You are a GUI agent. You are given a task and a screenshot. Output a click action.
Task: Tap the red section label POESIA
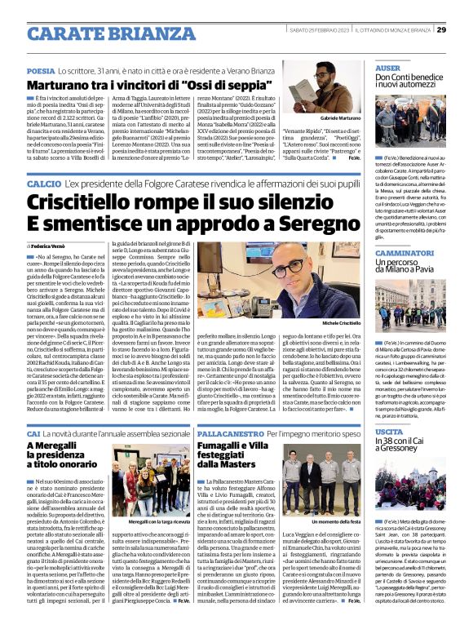(41, 72)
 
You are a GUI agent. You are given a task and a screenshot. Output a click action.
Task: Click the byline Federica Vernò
(51, 245)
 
